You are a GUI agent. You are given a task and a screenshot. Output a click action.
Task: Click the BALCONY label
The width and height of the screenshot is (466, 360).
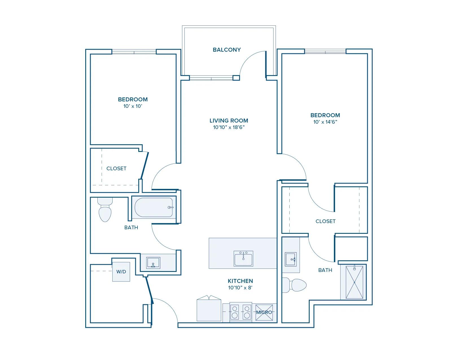[x=227, y=50]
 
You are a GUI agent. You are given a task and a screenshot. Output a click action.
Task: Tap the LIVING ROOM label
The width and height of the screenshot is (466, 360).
[x=229, y=121]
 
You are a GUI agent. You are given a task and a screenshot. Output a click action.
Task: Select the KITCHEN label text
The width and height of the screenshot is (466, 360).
[x=240, y=281]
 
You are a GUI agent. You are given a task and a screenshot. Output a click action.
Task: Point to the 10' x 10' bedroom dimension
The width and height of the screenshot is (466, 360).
[x=133, y=106]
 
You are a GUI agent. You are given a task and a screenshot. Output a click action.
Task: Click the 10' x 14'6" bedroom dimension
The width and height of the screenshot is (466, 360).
[x=325, y=122]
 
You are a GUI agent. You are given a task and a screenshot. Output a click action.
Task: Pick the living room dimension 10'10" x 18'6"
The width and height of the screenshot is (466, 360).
[x=229, y=127]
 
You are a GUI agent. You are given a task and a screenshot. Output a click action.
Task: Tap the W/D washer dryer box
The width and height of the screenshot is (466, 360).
[x=121, y=272]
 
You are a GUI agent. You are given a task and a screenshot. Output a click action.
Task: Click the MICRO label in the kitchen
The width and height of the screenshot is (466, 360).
[x=264, y=312]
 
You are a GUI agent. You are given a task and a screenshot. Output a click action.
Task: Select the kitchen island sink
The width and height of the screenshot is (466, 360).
[x=243, y=259]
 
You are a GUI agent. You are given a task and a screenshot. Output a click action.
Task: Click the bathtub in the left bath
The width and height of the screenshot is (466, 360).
[x=154, y=208]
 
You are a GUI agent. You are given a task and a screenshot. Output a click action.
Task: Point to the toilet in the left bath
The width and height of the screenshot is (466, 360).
[x=105, y=210]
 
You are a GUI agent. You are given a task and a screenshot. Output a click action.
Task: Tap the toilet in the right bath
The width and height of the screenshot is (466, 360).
[x=294, y=285]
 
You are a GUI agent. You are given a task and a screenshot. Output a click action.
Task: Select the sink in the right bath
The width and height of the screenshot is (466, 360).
[x=291, y=259]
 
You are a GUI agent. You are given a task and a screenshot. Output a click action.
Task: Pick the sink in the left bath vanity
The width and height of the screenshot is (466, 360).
[x=153, y=263]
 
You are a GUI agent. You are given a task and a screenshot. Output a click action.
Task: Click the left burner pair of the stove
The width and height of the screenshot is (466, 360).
[x=235, y=312]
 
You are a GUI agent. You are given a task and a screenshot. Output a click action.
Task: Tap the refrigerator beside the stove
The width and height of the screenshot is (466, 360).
[x=209, y=308]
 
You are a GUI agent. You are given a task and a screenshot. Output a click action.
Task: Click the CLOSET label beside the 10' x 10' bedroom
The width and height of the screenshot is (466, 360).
[x=117, y=169]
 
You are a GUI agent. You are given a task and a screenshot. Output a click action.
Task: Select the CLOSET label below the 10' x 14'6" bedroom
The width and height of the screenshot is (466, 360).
[x=325, y=221]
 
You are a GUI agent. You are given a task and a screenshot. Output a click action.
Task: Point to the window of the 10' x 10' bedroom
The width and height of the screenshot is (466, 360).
[x=134, y=52]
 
